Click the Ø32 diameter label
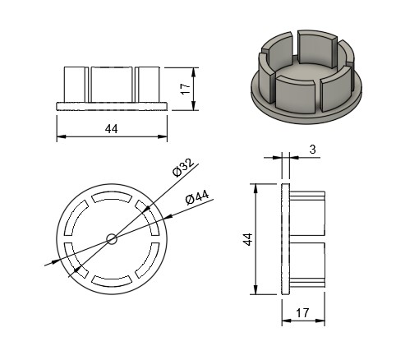point(183,168)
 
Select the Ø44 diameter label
point(197,197)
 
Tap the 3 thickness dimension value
point(312,150)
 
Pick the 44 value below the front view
point(112,129)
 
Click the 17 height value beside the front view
point(186,89)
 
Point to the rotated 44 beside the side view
point(248,239)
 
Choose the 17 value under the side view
point(302,313)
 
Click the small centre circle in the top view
point(112,239)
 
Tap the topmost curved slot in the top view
point(112,196)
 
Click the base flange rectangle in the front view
point(112,107)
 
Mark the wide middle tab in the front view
point(112,85)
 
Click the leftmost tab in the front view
point(74,85)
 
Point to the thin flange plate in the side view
point(286,239)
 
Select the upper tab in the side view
point(307,214)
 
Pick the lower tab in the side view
point(307,265)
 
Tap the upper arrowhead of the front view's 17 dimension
point(194,72)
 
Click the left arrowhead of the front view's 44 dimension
point(62,136)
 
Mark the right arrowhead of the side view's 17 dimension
point(320,321)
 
